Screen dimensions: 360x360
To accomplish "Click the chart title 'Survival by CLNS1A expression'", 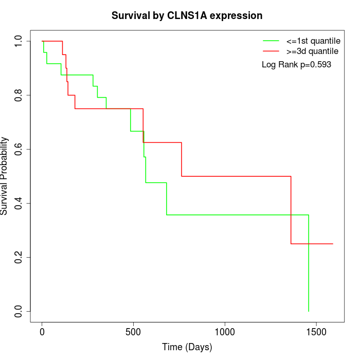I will point(187,16).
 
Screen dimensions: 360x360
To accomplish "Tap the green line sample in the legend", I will point(271,41).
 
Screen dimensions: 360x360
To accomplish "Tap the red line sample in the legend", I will point(271,51).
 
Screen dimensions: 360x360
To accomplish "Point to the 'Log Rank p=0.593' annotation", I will point(296,65).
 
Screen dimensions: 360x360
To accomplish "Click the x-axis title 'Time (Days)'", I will point(187,347).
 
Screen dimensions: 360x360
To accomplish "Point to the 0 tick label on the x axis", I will point(42,332).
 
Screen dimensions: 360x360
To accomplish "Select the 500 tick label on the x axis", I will point(133,332).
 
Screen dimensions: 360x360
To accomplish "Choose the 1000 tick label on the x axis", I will point(225,332).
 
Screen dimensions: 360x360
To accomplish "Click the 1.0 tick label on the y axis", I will point(19,41).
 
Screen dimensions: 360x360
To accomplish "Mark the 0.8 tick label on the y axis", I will point(19,95).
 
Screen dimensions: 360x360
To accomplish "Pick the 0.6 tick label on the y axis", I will point(19,149).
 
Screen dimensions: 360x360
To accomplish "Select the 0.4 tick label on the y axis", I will point(19,203).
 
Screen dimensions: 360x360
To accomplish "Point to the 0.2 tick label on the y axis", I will point(19,257).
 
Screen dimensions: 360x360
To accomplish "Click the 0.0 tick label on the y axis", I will point(19,311).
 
